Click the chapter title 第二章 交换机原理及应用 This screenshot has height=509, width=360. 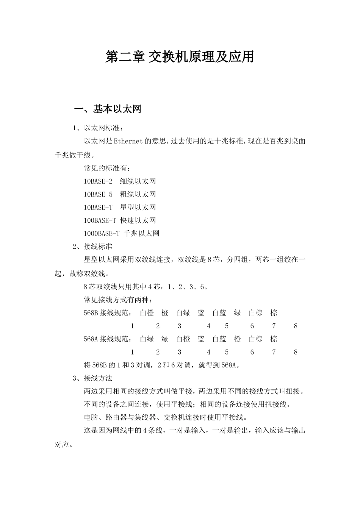[180, 57]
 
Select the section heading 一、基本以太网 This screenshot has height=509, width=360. [108, 109]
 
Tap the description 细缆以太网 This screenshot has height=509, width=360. [138, 181]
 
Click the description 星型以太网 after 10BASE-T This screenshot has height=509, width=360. [138, 208]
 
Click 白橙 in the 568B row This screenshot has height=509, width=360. [147, 313]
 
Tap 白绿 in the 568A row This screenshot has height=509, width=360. [147, 339]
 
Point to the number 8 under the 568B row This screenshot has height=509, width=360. [296, 326]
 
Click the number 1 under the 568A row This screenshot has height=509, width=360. [132, 352]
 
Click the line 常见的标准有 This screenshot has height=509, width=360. [107, 168]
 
